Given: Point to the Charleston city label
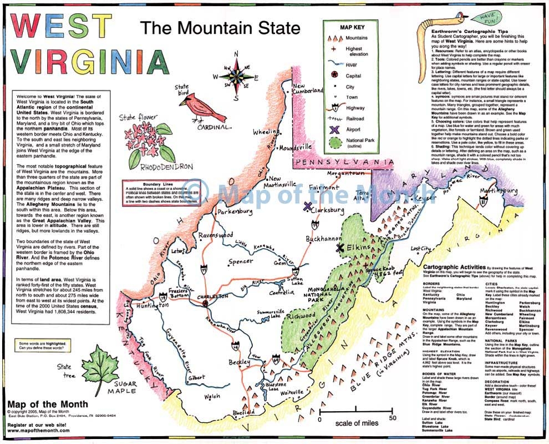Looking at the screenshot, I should tap(206, 296).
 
